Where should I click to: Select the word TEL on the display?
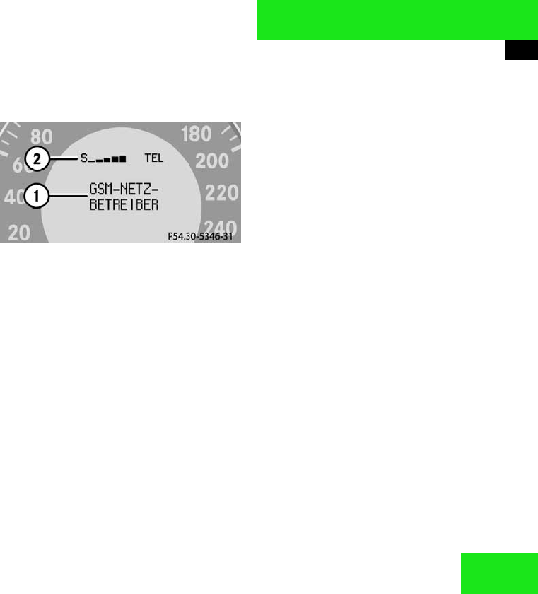pyautogui.click(x=153, y=159)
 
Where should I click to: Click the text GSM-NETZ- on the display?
pyautogui.click(x=123, y=190)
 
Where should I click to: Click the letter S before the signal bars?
pyautogui.click(x=83, y=159)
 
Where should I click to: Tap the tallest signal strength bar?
pyautogui.click(x=123, y=159)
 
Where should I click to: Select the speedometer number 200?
pyautogui.click(x=211, y=161)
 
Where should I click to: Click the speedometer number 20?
pyautogui.click(x=18, y=233)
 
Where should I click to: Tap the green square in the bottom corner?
pyautogui.click(x=498, y=573)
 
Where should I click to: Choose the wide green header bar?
pyautogui.click(x=397, y=20)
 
